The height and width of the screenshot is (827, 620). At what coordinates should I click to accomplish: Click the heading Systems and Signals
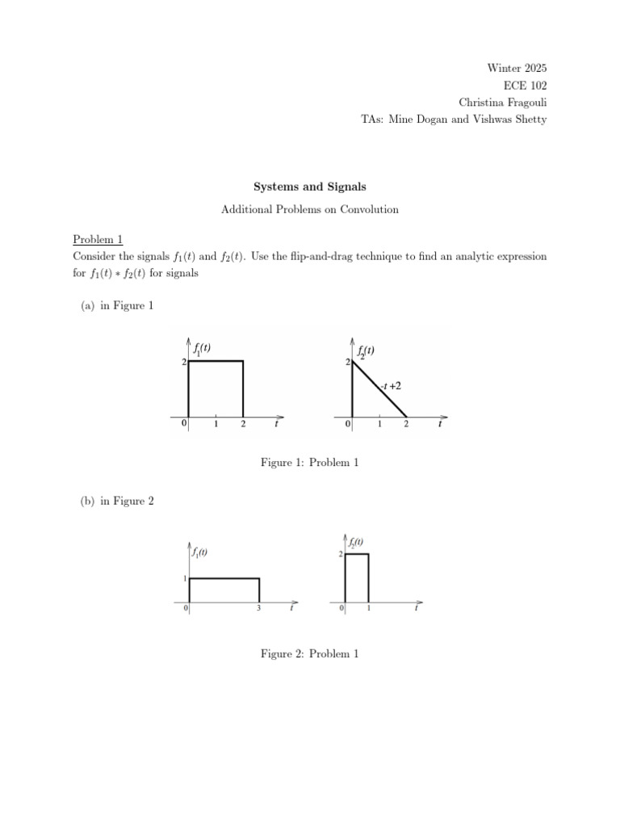(309, 187)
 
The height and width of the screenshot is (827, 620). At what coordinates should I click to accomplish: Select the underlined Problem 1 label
(97, 240)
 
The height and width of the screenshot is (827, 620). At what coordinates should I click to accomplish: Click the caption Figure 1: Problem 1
(309, 463)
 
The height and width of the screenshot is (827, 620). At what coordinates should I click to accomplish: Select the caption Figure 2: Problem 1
(309, 654)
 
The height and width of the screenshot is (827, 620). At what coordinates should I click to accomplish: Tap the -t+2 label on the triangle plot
(391, 386)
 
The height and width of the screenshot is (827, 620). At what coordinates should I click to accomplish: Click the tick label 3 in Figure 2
(258, 608)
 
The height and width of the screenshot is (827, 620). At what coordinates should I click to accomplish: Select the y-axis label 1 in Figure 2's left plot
(183, 579)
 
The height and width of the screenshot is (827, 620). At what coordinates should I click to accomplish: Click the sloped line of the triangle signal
(379, 390)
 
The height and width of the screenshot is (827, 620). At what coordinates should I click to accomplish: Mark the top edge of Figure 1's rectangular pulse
(216, 362)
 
